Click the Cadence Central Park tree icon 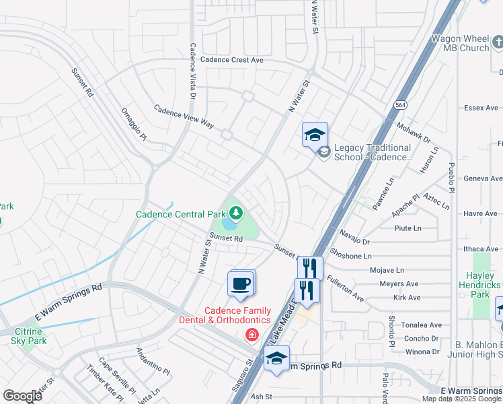[x=235, y=214]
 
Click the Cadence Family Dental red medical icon [x=252, y=335]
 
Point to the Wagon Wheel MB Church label [x=460, y=44]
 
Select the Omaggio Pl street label [x=133, y=124]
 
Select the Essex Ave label [x=481, y=108]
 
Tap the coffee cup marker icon [x=241, y=283]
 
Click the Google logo [x=23, y=395]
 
